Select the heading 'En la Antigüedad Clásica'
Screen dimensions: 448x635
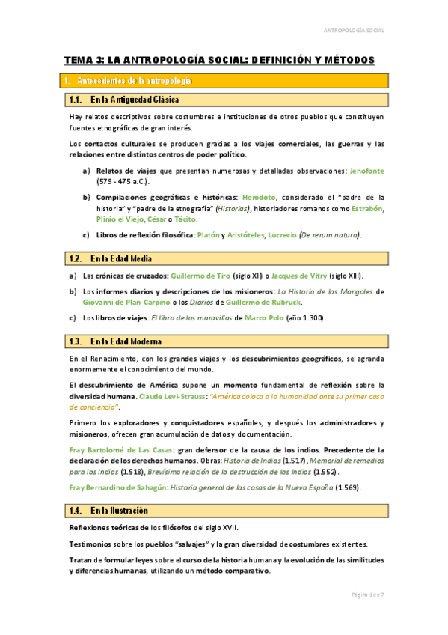pyautogui.click(x=134, y=100)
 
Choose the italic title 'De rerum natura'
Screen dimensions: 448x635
pyautogui.click(x=329, y=235)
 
